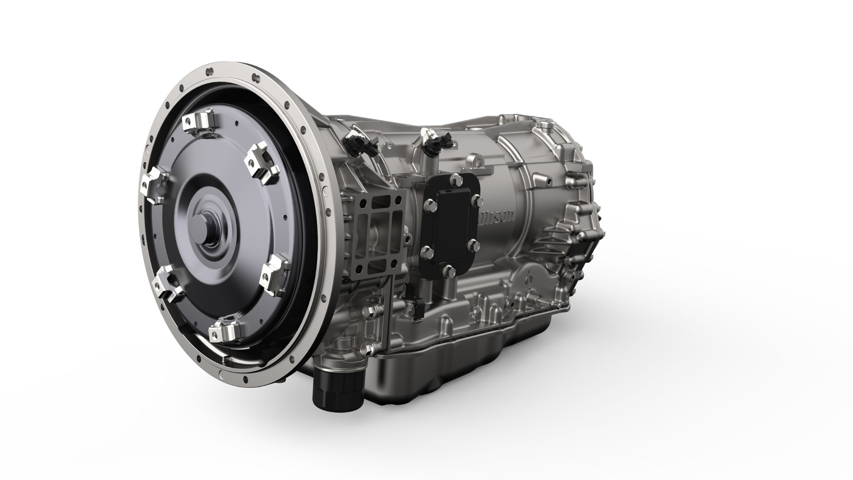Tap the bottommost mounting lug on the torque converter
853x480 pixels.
pos(223,331)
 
